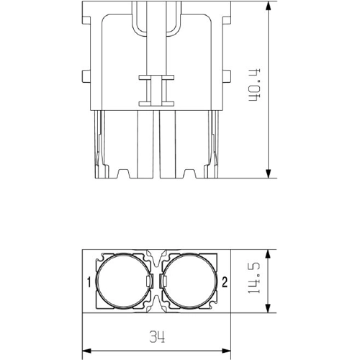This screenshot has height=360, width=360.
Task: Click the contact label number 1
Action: point(88,282)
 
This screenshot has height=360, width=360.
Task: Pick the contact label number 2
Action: point(225,282)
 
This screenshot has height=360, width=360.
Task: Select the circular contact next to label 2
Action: point(189,282)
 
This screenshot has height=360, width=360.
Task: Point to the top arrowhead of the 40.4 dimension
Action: point(269,6)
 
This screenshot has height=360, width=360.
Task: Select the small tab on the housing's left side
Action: point(84,75)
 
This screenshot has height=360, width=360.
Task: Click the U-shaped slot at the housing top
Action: point(156,22)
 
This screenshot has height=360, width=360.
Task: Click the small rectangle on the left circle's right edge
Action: point(149,282)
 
